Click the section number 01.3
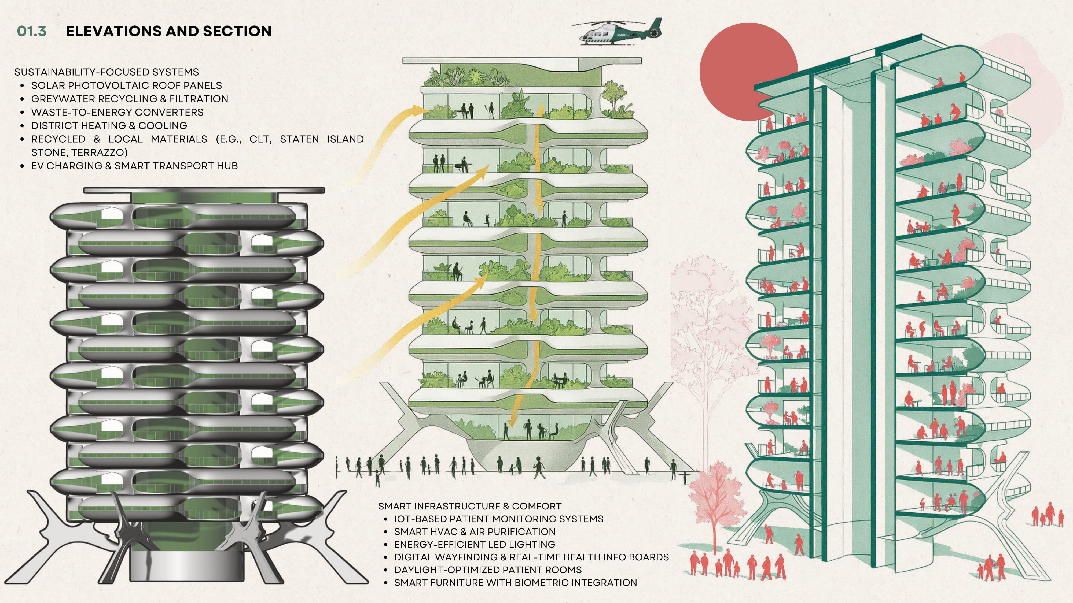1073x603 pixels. tap(32, 31)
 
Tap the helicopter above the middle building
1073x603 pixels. tap(616, 32)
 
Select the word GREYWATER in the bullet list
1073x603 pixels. tap(62, 99)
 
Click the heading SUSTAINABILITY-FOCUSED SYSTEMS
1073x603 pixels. tap(107, 72)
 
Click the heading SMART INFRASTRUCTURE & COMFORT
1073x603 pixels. tap(469, 506)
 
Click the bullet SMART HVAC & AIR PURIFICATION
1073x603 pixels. tap(475, 532)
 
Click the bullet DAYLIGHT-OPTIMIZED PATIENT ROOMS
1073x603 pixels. tap(488, 570)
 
